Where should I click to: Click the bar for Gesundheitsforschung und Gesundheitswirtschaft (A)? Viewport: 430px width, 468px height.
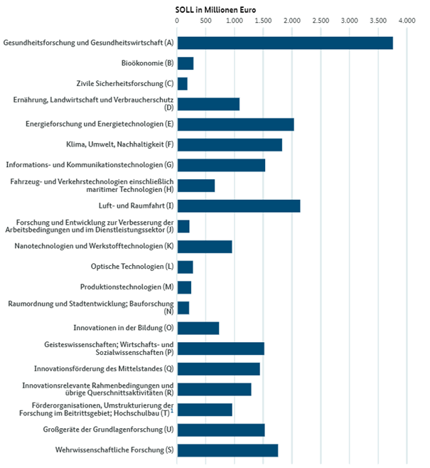tap(284, 43)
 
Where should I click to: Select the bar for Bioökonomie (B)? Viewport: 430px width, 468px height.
tap(185, 64)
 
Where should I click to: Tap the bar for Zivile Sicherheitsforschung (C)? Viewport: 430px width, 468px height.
tap(182, 84)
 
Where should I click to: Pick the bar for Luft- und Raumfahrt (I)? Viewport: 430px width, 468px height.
tap(238, 206)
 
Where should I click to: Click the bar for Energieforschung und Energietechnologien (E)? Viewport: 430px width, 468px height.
tap(235, 125)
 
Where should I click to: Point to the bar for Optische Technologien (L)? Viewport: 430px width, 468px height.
tap(185, 267)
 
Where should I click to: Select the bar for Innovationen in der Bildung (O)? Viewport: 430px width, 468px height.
tap(198, 328)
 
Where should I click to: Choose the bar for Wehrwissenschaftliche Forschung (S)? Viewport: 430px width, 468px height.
tap(227, 450)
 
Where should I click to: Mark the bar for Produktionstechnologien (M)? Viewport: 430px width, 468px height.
tap(184, 287)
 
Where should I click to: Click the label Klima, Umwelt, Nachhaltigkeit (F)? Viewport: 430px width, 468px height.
tap(114, 145)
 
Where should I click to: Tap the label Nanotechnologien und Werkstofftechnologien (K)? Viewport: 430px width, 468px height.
tap(94, 247)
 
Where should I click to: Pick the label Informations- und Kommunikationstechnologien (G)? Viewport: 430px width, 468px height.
tap(90, 166)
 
